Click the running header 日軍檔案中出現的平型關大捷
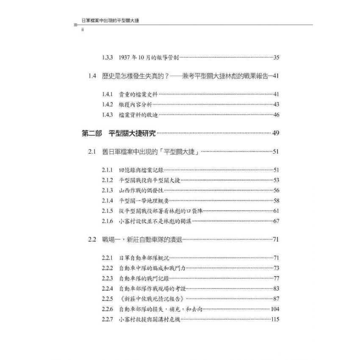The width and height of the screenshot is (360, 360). [111, 19]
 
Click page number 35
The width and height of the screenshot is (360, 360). [276, 58]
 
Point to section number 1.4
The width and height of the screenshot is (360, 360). [92, 76]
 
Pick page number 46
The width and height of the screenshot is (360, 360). [276, 115]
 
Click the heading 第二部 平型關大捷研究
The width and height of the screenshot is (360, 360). [119, 133]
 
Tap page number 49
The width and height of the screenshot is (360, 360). [275, 133]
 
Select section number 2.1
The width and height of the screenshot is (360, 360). [92, 152]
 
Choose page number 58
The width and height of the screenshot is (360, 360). [276, 201]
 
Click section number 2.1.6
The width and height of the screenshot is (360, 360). [107, 221]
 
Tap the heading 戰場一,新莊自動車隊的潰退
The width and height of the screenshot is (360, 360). [142, 239]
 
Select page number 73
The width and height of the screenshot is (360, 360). [276, 268]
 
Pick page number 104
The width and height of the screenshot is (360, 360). [274, 309]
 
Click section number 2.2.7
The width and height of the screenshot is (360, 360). [107, 319]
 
